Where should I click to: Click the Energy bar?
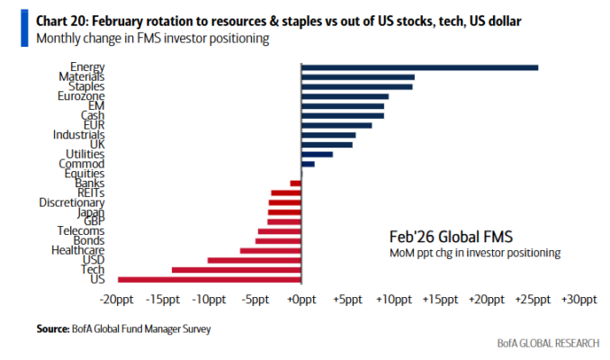click(419, 67)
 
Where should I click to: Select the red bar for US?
click(210, 279)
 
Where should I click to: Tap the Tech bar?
click(237, 269)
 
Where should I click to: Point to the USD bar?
click(255, 259)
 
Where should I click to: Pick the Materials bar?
click(357, 76)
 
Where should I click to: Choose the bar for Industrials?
click(328, 135)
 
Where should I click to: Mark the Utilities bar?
click(317, 154)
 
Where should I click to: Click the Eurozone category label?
click(81, 96)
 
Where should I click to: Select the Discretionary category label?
click(72, 202)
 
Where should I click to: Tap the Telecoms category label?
click(81, 231)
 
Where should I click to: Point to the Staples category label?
click(86, 86)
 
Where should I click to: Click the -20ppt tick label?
click(118, 300)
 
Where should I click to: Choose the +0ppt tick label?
click(301, 300)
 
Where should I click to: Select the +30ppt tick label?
click(576, 300)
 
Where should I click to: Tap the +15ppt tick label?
click(439, 300)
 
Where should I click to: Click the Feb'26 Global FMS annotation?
click(451, 237)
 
